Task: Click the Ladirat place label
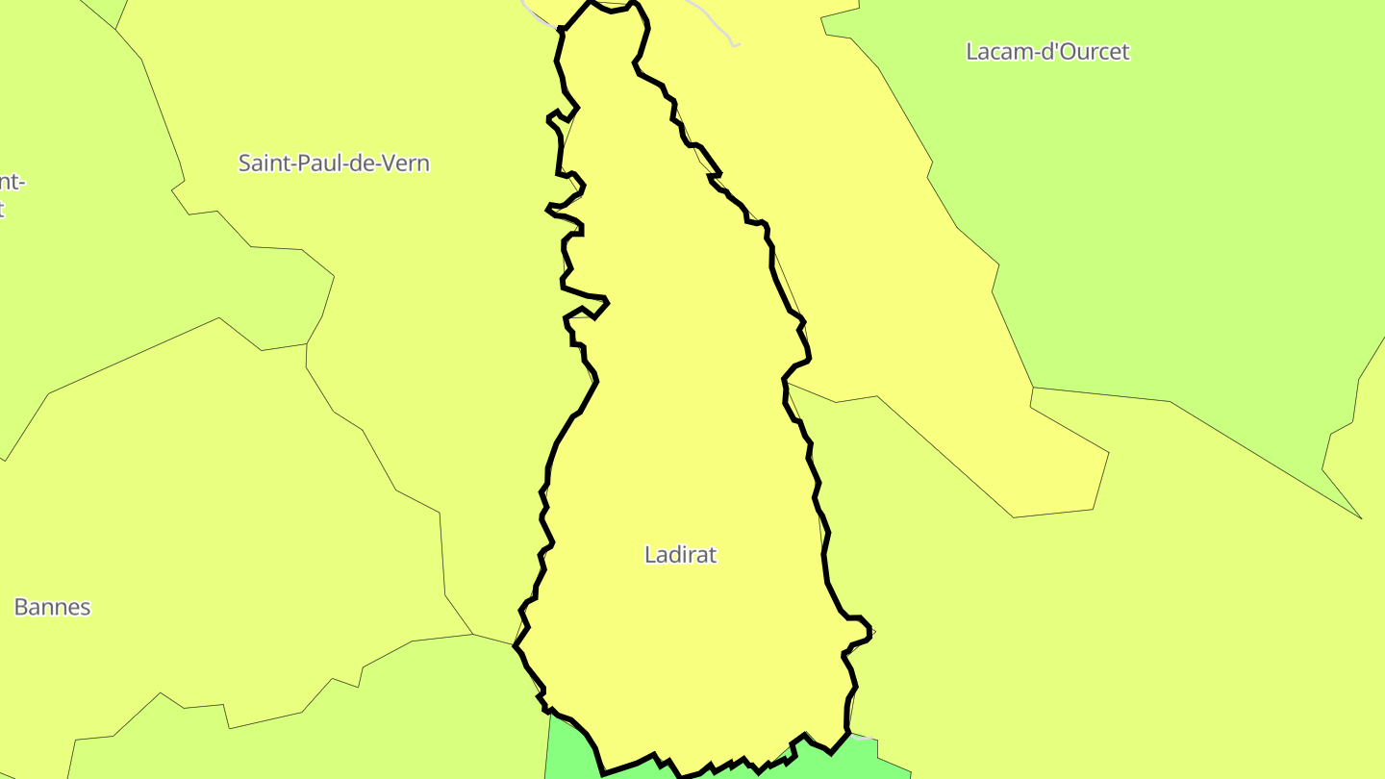680,555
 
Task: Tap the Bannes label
52,607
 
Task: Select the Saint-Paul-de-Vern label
334,163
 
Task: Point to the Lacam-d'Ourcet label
1047,52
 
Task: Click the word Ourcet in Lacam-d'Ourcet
1093,52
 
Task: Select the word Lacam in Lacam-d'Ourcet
994,52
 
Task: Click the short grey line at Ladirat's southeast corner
863,737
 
